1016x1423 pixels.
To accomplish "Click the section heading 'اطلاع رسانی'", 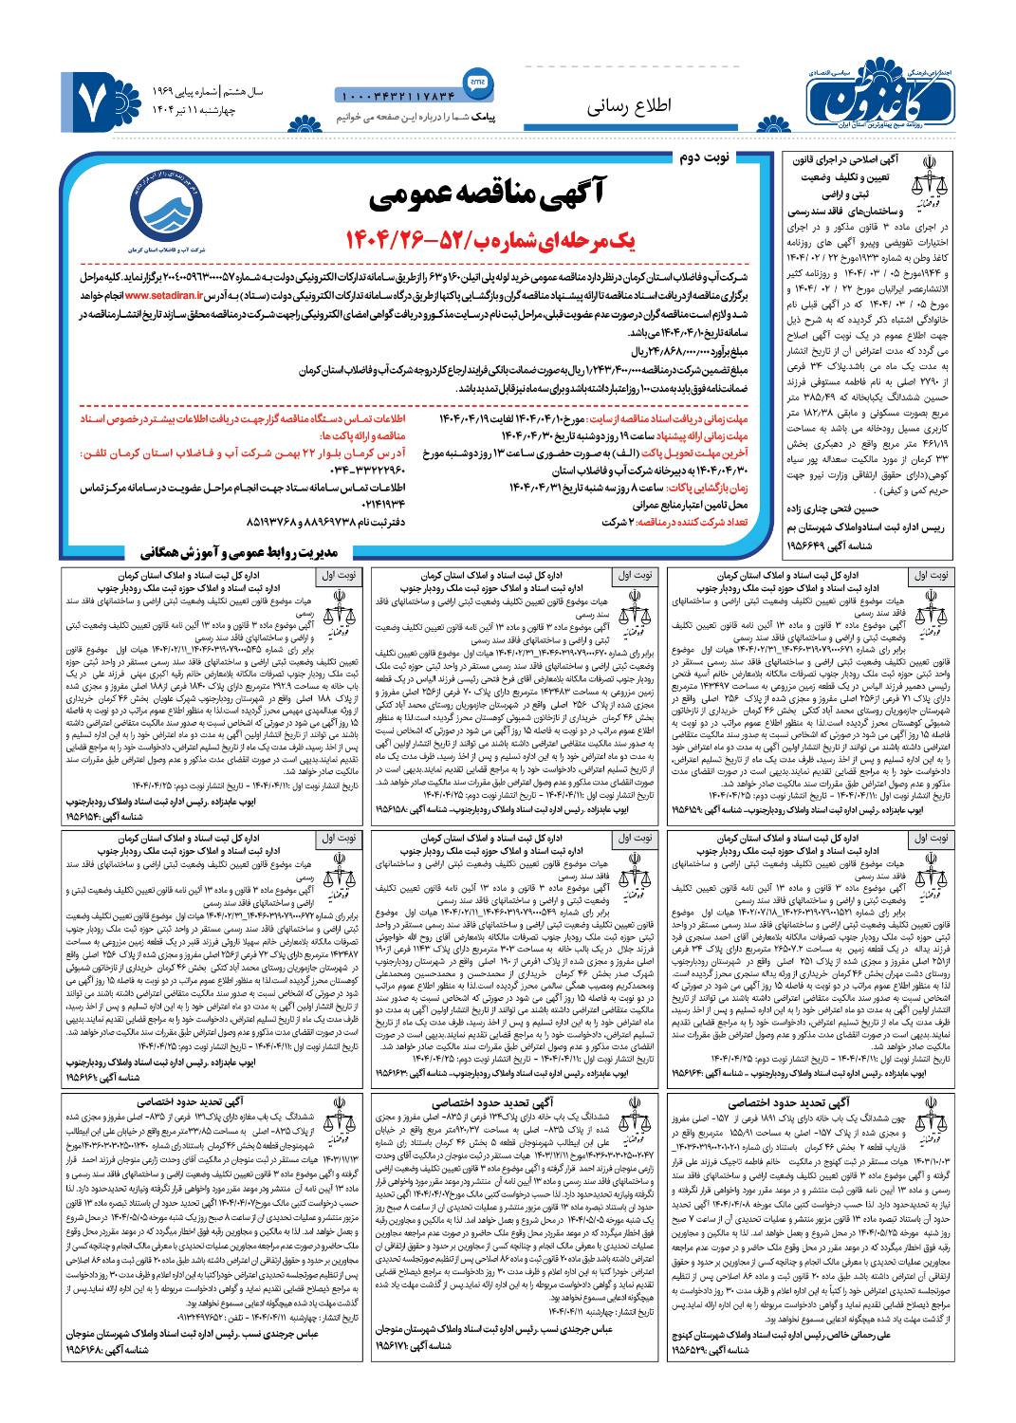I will [x=628, y=106].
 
